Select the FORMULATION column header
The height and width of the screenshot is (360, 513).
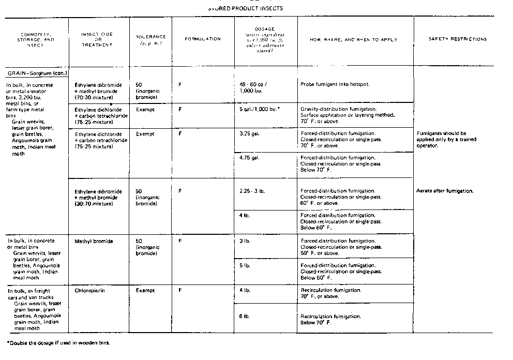click(203, 39)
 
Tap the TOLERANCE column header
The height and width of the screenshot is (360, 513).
click(150, 39)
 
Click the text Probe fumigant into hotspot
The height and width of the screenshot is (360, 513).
click(335, 84)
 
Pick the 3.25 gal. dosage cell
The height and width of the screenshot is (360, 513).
click(249, 133)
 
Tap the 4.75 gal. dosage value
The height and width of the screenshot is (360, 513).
click(249, 158)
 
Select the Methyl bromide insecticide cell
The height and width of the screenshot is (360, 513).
click(94, 242)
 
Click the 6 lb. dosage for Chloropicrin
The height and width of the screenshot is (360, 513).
click(245, 316)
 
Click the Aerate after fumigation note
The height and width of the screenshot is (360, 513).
click(445, 191)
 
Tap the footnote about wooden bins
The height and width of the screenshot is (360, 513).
click(58, 343)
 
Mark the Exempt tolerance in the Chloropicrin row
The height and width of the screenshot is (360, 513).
click(145, 291)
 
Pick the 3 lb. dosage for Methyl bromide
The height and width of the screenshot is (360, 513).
click(245, 242)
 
